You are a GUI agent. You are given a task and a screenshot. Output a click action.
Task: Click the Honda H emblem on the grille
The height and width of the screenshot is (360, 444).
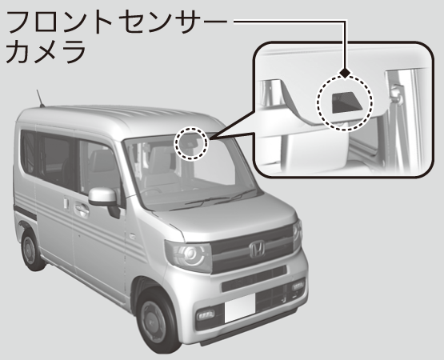[x=257, y=249]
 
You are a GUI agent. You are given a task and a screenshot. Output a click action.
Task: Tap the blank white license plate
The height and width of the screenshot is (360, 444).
[x=239, y=308]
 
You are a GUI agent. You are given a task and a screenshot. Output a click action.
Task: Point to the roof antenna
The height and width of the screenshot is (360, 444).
[x=40, y=98]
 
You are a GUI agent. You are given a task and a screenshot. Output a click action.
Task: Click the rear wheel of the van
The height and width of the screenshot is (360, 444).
[x=31, y=250]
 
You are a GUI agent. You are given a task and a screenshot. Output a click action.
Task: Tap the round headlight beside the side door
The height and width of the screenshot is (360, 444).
[x=189, y=255]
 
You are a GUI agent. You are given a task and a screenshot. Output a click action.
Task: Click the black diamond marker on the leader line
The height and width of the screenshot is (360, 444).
[x=345, y=73]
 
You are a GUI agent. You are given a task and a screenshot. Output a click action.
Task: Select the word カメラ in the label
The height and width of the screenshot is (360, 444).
[x=46, y=52]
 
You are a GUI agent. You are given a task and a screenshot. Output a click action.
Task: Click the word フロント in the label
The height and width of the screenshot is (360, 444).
[x=59, y=22]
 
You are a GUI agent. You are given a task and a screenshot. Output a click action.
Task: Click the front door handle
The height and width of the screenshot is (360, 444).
[x=82, y=209]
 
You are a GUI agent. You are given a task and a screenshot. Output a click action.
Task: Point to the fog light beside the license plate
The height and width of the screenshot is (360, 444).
[x=206, y=315]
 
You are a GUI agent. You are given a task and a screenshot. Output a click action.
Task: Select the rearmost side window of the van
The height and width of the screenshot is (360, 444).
[x=28, y=151]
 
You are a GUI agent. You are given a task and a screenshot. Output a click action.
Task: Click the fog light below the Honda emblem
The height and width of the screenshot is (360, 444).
[x=298, y=286]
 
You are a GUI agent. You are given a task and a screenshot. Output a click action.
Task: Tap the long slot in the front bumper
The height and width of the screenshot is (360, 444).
[x=254, y=278]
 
